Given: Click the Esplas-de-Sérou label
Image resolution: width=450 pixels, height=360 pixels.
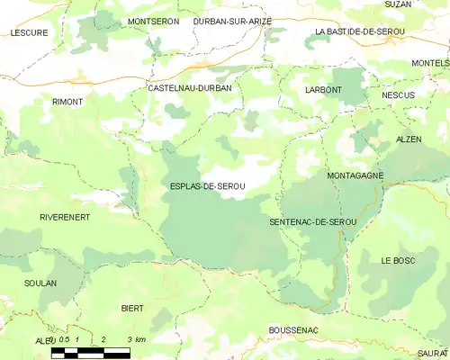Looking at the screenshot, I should click(207, 186).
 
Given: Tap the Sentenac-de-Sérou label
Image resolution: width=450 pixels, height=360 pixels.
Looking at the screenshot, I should click(313, 221).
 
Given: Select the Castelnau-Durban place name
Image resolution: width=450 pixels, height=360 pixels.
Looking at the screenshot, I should click(189, 88).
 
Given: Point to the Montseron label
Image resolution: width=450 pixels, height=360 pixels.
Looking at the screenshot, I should click(154, 21).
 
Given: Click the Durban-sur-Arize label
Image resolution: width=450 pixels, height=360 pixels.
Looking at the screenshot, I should click(232, 21).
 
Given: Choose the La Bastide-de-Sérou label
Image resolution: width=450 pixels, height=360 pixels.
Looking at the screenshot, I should click(360, 31).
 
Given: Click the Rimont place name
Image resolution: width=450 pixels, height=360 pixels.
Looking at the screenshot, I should click(67, 102).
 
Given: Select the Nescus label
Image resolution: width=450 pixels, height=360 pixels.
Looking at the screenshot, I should click(398, 94).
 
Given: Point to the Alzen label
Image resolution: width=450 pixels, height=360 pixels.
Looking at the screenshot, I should click(409, 139).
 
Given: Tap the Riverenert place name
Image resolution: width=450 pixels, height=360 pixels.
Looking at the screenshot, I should click(64, 218).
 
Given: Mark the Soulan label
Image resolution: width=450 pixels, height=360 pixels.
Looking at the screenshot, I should click(40, 283).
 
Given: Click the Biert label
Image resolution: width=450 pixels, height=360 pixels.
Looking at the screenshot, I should click(132, 308).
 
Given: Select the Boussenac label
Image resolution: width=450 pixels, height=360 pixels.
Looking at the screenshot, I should click(293, 331).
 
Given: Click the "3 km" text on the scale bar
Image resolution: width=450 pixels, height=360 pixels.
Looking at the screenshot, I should click(136, 339).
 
